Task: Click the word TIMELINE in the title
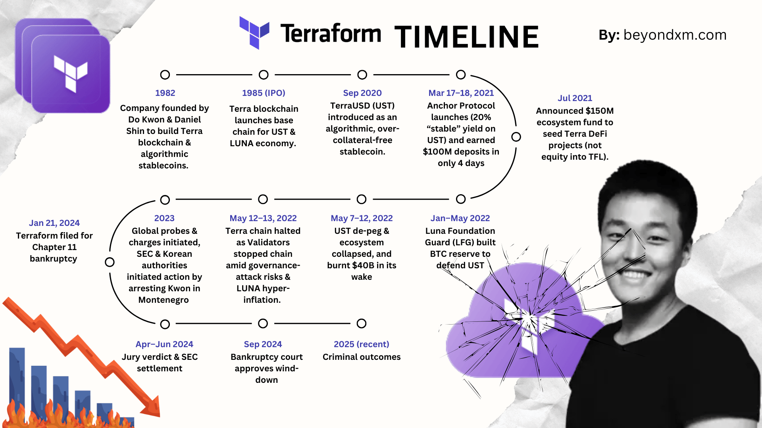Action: (467, 37)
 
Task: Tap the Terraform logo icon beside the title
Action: (254, 32)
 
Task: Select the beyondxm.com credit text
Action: (675, 35)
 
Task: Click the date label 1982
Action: (165, 93)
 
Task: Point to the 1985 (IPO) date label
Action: (264, 93)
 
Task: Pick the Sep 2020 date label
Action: (362, 93)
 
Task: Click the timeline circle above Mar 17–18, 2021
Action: (461, 75)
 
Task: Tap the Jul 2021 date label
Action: (575, 98)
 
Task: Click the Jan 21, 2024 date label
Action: (54, 223)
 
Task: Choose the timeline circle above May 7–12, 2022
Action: (362, 199)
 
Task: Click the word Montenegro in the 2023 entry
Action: (164, 300)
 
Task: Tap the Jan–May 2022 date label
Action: (460, 218)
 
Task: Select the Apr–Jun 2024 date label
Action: (164, 344)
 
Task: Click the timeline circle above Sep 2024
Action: (263, 324)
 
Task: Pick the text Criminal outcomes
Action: (362, 357)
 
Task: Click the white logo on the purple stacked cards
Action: (71, 74)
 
